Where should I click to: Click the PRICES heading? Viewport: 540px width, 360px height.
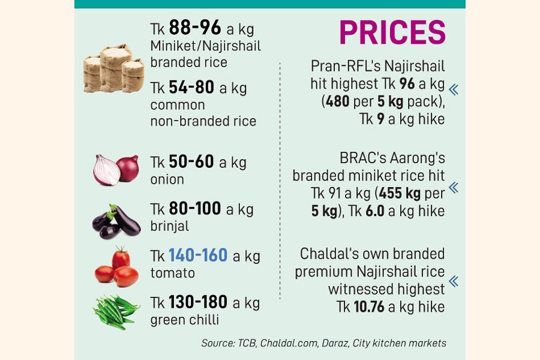tap(392, 32)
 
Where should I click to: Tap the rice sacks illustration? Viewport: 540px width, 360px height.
tap(114, 68)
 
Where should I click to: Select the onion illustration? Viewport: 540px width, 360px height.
tap(116, 170)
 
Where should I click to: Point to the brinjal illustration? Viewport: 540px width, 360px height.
tap(116, 220)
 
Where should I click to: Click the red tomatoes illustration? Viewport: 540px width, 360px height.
tap(116, 268)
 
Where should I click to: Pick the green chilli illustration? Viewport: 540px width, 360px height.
tap(116, 311)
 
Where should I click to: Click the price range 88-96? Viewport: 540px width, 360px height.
tap(195, 28)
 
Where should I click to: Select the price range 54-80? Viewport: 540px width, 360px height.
tap(191, 88)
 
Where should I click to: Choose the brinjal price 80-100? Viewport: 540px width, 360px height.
tap(195, 209)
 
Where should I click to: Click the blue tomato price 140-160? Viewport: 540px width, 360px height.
tap(198, 256)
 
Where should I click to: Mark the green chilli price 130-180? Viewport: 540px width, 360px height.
tap(198, 302)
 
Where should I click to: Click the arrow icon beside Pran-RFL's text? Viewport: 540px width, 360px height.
tap(454, 90)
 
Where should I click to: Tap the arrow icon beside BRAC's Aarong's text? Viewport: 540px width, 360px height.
tap(454, 188)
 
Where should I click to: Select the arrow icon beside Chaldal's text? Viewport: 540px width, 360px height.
tap(454, 281)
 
